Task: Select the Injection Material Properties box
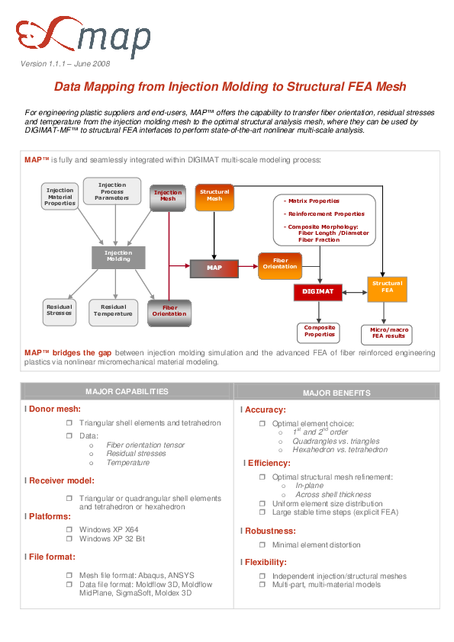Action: [60, 197]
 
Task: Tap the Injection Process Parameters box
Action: [112, 191]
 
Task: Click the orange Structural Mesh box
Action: [214, 196]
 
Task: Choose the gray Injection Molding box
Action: [118, 256]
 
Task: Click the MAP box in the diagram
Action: [214, 268]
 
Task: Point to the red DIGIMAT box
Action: [317, 291]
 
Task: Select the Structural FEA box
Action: [387, 287]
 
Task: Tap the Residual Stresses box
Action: [59, 310]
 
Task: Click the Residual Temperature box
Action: [113, 310]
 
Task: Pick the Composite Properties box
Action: [319, 332]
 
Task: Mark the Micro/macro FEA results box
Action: [388, 332]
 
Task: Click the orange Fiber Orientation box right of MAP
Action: [280, 263]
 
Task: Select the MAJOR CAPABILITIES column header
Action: [127, 392]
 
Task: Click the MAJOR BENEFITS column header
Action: [336, 393]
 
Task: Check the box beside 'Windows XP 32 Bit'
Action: [69, 539]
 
